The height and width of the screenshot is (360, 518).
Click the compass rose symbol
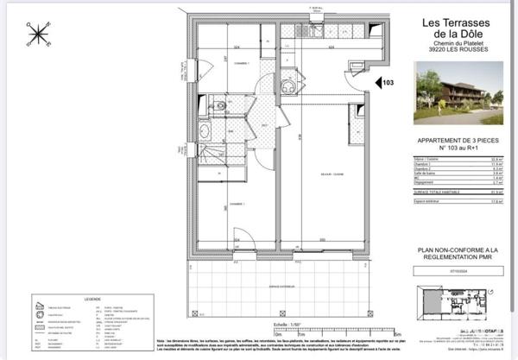pos(38,35)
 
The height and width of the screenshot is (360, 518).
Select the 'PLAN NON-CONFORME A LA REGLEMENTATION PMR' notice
pos(451,256)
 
